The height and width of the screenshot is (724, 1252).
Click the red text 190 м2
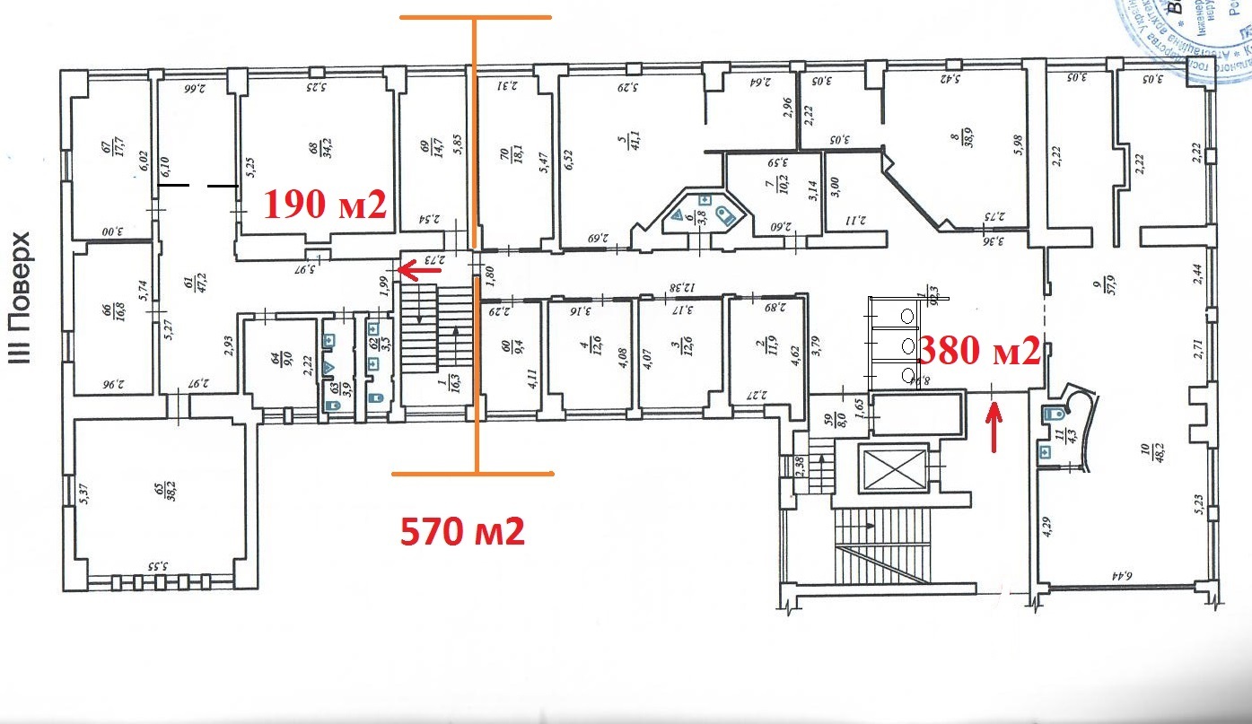(x=324, y=205)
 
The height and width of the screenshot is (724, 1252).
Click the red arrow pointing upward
(x=994, y=430)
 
